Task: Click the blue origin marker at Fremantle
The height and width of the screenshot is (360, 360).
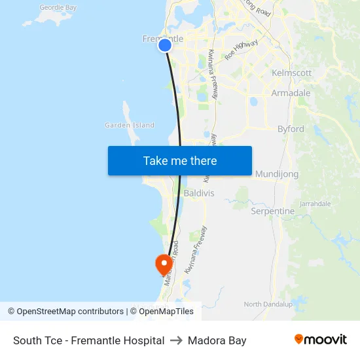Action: pyautogui.click(x=165, y=45)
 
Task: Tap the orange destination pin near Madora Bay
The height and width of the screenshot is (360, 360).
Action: pyautogui.click(x=163, y=264)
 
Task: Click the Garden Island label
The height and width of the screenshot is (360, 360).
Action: pyautogui.click(x=130, y=125)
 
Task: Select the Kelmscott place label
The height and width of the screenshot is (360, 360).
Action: pyautogui.click(x=291, y=73)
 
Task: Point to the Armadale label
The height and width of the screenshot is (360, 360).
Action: pyautogui.click(x=291, y=93)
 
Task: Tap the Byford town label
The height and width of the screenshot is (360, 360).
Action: pyautogui.click(x=291, y=129)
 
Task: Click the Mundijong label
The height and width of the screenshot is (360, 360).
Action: pyautogui.click(x=277, y=173)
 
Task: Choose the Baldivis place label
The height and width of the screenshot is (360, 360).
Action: pyautogui.click(x=199, y=193)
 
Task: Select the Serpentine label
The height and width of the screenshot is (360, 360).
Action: pyautogui.click(x=273, y=211)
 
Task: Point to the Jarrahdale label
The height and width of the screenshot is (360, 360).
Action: pyautogui.click(x=315, y=204)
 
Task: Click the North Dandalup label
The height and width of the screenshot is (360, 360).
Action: pyautogui.click(x=267, y=304)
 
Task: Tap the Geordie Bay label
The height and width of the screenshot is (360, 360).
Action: pyautogui.click(x=58, y=8)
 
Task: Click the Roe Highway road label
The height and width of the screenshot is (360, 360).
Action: pyautogui.click(x=242, y=50)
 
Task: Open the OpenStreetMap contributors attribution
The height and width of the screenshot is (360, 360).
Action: pyautogui.click(x=65, y=312)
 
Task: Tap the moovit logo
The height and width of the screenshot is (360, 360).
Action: pyautogui.click(x=321, y=340)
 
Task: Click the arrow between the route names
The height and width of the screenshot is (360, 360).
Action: pyautogui.click(x=176, y=340)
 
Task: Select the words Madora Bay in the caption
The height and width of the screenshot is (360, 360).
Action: pyautogui.click(x=217, y=340)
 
